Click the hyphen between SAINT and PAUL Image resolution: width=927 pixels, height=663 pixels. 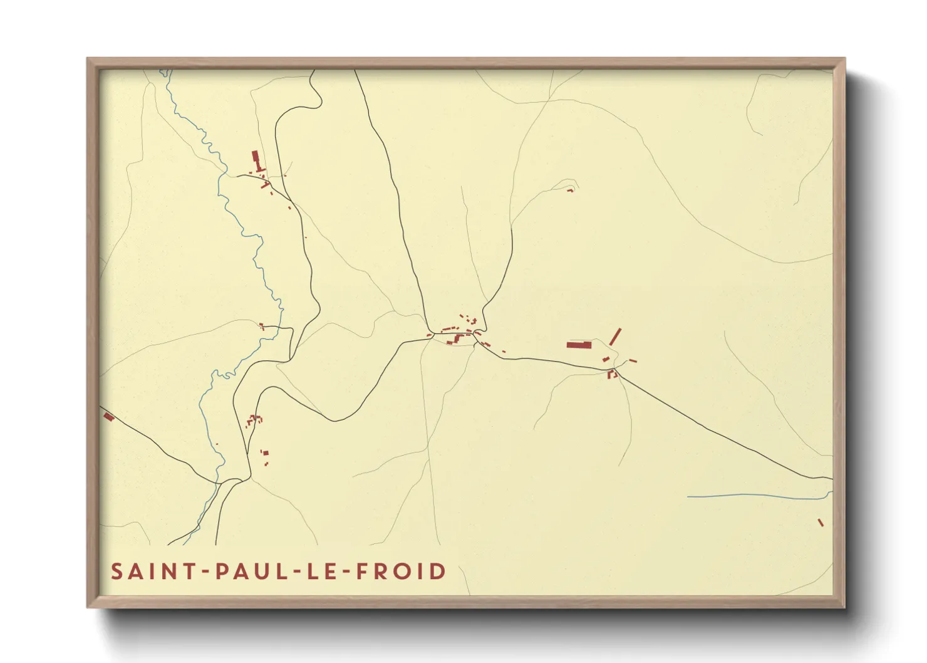click(203, 572)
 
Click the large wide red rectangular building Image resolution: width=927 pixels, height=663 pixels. click(579, 345)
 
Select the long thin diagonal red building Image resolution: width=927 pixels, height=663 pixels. click(615, 337)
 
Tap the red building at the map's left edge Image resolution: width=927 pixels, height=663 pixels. click(108, 416)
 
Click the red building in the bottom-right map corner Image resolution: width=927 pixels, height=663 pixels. click(821, 523)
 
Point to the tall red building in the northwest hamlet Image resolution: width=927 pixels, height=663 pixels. click(255, 157)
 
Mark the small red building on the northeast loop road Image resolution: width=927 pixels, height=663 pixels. click(570, 190)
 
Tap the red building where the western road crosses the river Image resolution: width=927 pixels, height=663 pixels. click(261, 326)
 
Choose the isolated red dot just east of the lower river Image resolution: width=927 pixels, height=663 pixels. click(217, 444)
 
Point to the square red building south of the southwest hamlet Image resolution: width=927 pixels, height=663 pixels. click(266, 452)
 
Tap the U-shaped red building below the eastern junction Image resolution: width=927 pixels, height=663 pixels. click(612, 374)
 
